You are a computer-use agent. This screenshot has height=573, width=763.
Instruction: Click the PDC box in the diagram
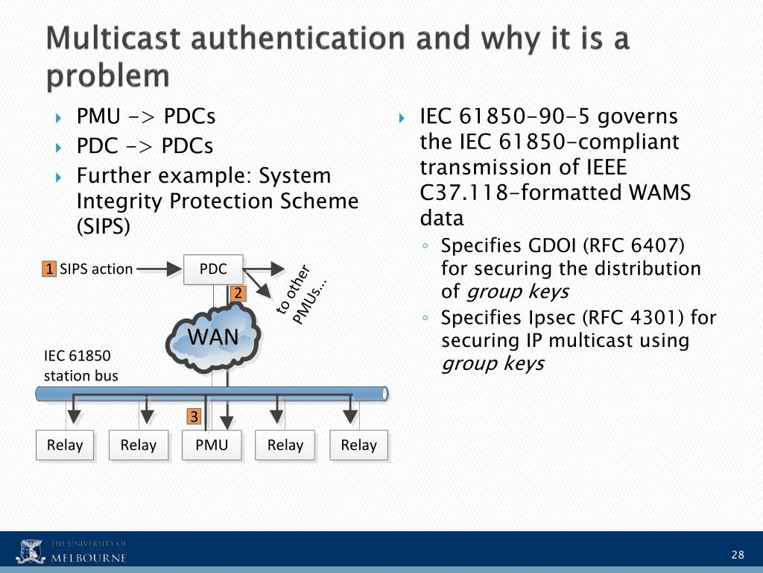[x=213, y=269]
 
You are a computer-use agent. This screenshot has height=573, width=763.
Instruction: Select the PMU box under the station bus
[x=212, y=445]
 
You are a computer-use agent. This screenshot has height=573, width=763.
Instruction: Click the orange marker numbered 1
[x=49, y=269]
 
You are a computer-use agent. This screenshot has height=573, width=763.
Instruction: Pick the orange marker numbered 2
[x=238, y=293]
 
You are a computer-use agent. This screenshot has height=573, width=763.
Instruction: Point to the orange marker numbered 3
[x=194, y=416]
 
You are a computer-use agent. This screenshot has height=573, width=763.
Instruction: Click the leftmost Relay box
[x=65, y=445]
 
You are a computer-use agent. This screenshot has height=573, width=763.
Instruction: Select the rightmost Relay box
[x=358, y=445]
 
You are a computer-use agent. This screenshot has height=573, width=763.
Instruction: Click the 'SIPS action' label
[x=96, y=269]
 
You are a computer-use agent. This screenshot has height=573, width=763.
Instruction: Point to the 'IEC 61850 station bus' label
[x=80, y=366]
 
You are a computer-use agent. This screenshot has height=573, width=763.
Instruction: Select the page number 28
[x=738, y=554]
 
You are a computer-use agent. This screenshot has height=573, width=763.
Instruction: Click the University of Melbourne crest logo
[x=31, y=551]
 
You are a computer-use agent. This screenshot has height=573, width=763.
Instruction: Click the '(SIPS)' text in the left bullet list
[x=104, y=226]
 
